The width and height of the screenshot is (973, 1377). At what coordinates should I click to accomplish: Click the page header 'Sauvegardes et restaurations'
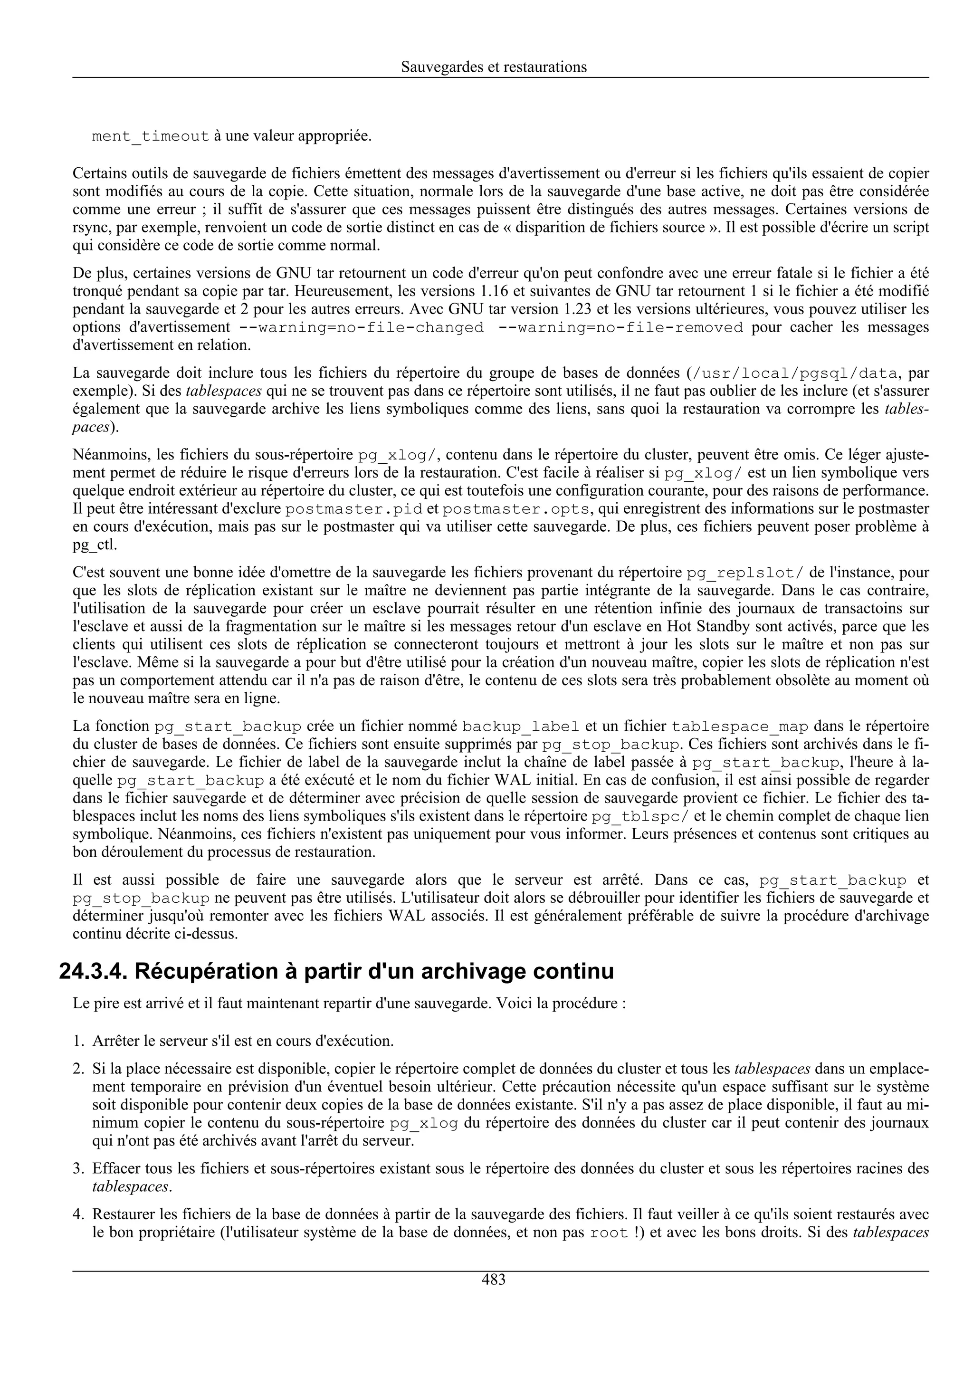pyautogui.click(x=494, y=67)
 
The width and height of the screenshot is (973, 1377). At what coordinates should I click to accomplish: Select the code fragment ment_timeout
pyautogui.click(x=151, y=136)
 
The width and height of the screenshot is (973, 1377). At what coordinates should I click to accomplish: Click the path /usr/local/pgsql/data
pyautogui.click(x=794, y=373)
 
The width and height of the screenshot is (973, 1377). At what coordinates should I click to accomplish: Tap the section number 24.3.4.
pyautogui.click(x=93, y=972)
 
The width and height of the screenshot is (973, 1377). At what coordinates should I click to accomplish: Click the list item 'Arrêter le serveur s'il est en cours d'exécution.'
pyautogui.click(x=243, y=1041)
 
